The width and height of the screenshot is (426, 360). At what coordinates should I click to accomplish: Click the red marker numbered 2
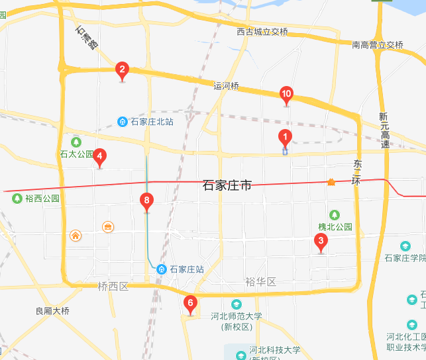tap(122, 69)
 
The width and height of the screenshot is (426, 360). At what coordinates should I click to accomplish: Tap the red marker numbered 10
tap(286, 95)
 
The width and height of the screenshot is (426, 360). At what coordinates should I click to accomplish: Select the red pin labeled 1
tap(285, 138)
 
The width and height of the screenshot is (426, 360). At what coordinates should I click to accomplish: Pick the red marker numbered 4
tap(99, 157)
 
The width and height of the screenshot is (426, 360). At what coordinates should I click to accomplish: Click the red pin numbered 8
tap(147, 201)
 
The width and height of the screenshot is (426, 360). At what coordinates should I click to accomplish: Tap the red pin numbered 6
tap(190, 304)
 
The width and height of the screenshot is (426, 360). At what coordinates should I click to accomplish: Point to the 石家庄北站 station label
tap(152, 122)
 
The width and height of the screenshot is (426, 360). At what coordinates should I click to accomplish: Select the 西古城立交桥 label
tap(262, 32)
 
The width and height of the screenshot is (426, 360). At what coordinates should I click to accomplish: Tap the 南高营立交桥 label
tap(378, 45)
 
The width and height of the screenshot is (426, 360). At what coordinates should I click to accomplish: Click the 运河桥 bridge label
tap(226, 86)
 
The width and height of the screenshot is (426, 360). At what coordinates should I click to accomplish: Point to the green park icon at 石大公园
tap(76, 142)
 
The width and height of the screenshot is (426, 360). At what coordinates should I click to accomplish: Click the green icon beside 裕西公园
tap(17, 197)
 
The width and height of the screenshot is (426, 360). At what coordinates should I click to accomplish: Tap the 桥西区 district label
tap(112, 287)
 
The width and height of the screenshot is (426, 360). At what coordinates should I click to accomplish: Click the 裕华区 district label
tap(260, 282)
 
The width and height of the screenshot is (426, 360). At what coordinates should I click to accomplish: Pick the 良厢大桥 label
tap(52, 310)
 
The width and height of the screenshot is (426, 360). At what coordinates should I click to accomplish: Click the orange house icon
tap(76, 236)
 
